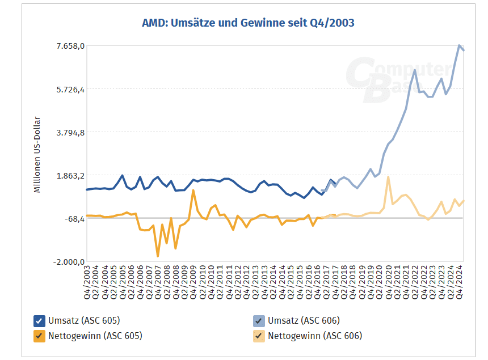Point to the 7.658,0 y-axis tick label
tap(69, 45)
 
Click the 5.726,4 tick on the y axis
tap(69, 89)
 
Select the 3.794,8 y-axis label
tap(69, 132)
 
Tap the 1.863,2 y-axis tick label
tap(69, 176)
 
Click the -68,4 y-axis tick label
tap(72, 219)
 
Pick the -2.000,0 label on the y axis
tap(69, 262)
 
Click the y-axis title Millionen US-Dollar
tap(37, 155)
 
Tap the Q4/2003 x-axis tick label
tap(87, 281)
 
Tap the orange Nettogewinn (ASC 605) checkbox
tap(40, 336)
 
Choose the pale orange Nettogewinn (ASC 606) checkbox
tap(259, 336)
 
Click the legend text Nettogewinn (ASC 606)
tap(314, 336)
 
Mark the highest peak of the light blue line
tap(459, 45)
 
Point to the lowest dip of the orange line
tap(158, 256)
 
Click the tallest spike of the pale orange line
tap(388, 177)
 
